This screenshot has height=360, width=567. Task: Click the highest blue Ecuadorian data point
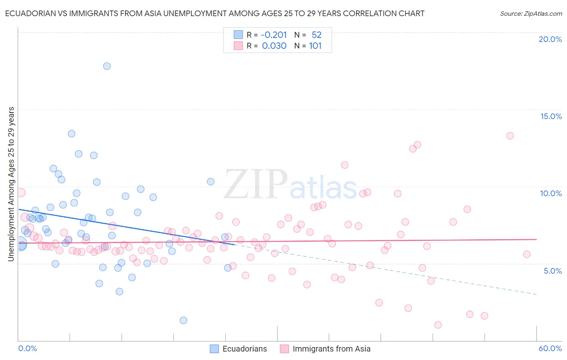(107, 66)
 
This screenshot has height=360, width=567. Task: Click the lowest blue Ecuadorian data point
(183, 320)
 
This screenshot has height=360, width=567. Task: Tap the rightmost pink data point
(527, 254)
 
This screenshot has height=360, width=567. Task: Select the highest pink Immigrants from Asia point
(510, 136)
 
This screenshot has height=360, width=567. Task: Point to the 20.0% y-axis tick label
(550, 39)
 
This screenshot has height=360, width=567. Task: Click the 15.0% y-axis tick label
(551, 116)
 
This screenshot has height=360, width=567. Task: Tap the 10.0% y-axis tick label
(551, 193)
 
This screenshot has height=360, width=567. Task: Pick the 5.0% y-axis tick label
(552, 271)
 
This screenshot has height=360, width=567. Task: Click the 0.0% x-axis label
(27, 348)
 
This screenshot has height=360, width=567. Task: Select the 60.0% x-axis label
(550, 348)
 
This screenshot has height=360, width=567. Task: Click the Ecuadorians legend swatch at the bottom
(215, 349)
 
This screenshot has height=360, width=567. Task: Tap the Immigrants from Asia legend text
(331, 349)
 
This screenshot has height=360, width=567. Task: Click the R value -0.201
(274, 35)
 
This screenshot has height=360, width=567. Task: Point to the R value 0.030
(274, 46)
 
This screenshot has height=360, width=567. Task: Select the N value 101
(315, 46)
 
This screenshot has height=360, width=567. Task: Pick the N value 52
(317, 35)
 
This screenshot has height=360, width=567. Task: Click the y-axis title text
(11, 184)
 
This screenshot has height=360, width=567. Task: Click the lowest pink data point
(438, 325)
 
